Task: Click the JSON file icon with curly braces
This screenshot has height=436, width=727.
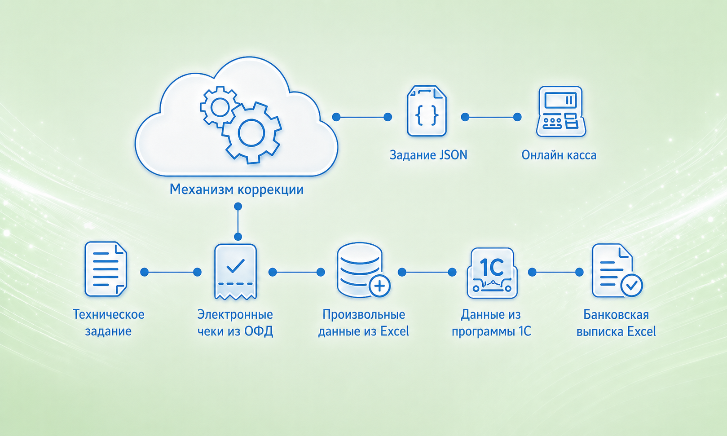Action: tap(427, 111)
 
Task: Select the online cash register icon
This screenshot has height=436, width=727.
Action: tap(560, 111)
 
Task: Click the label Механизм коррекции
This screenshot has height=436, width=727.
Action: tap(237, 189)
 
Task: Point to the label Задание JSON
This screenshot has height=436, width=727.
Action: tap(428, 155)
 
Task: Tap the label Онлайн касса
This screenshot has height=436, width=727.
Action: tap(559, 155)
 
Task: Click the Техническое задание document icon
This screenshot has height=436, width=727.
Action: tap(106, 269)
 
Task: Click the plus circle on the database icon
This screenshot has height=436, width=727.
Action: tap(379, 286)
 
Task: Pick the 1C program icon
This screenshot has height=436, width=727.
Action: tap(492, 273)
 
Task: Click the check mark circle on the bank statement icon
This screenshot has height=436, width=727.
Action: tap(631, 286)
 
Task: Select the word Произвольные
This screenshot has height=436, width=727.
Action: tap(364, 314)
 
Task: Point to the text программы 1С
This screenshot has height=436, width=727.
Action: tap(491, 331)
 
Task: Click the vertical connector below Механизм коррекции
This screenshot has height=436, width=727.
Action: tap(238, 221)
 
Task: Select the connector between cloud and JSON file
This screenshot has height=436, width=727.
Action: tap(362, 117)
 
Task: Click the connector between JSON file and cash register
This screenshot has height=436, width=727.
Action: tap(491, 117)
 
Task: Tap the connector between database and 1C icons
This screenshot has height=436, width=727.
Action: tap(427, 272)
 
